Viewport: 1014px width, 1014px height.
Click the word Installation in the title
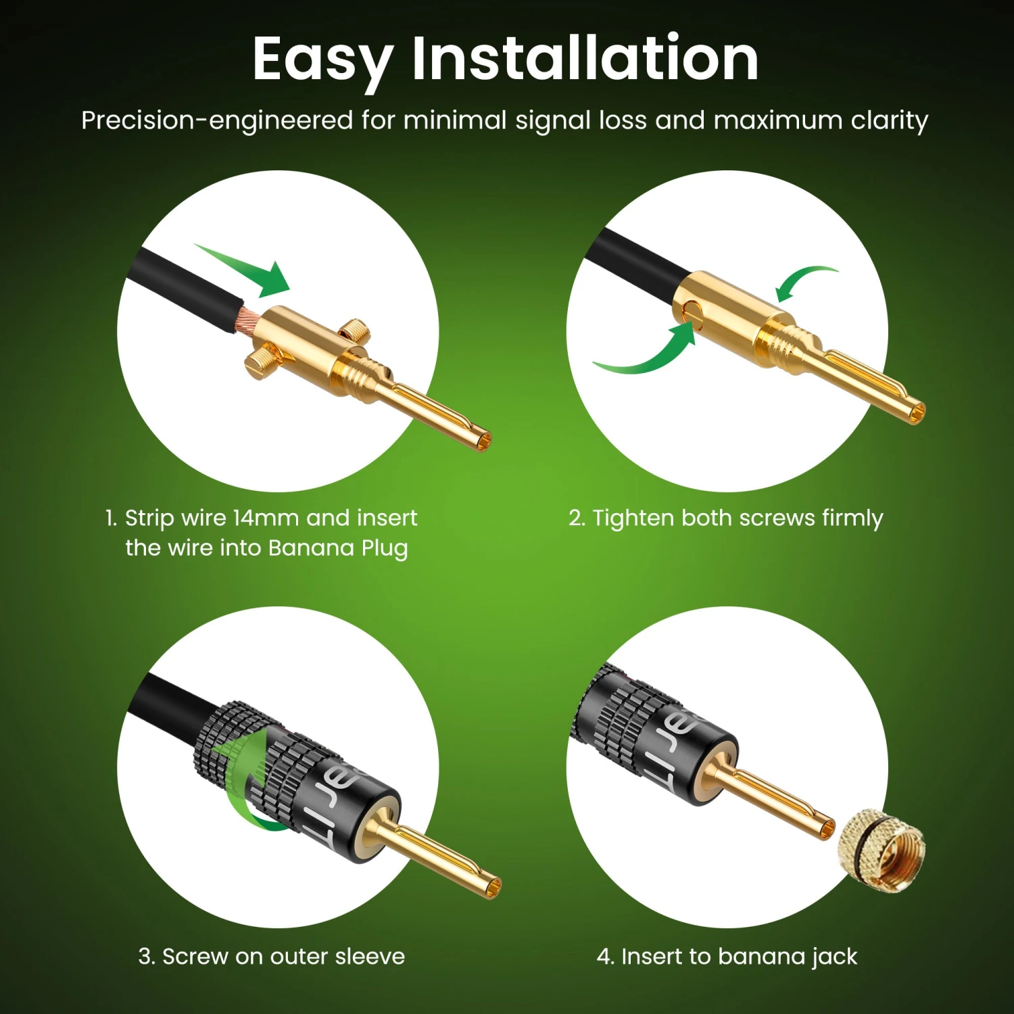point(585,59)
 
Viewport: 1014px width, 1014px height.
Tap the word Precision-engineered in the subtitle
point(217,120)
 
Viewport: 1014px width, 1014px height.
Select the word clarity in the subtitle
point(890,120)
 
